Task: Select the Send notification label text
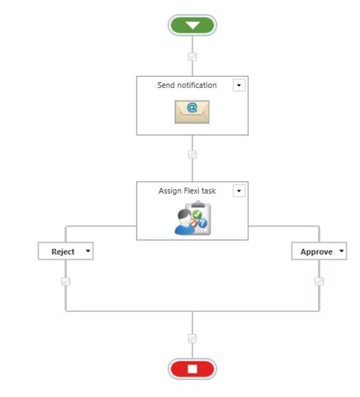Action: coord(187,86)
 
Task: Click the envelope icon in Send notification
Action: coord(192,112)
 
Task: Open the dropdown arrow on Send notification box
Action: coord(239,86)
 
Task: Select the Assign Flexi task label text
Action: coord(187,191)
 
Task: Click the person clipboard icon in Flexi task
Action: coord(192,219)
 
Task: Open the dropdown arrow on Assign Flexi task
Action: coord(239,191)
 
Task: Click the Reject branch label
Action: coord(62,251)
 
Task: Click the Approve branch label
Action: coord(315,251)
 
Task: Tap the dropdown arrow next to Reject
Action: coord(87,251)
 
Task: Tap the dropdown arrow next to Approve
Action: coord(341,251)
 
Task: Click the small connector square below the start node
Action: coord(192,56)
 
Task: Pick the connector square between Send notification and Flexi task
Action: coord(192,154)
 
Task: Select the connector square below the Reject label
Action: coord(65,281)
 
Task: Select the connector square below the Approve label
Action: coord(319,281)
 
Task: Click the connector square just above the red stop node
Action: coord(192,339)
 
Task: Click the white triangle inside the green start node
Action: coord(192,25)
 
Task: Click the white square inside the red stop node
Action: coord(192,369)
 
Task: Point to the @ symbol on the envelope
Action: coord(192,108)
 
